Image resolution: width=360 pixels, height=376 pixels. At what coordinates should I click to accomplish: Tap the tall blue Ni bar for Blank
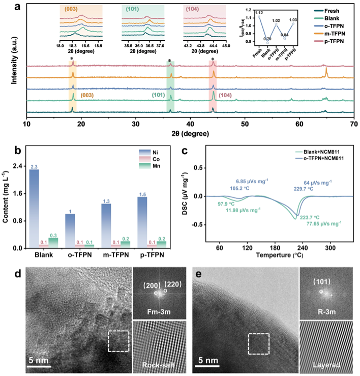pos(35,209)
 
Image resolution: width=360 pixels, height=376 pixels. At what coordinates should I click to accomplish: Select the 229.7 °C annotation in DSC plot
pos(301,188)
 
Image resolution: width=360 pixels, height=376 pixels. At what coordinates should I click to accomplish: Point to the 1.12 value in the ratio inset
pos(259,12)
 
